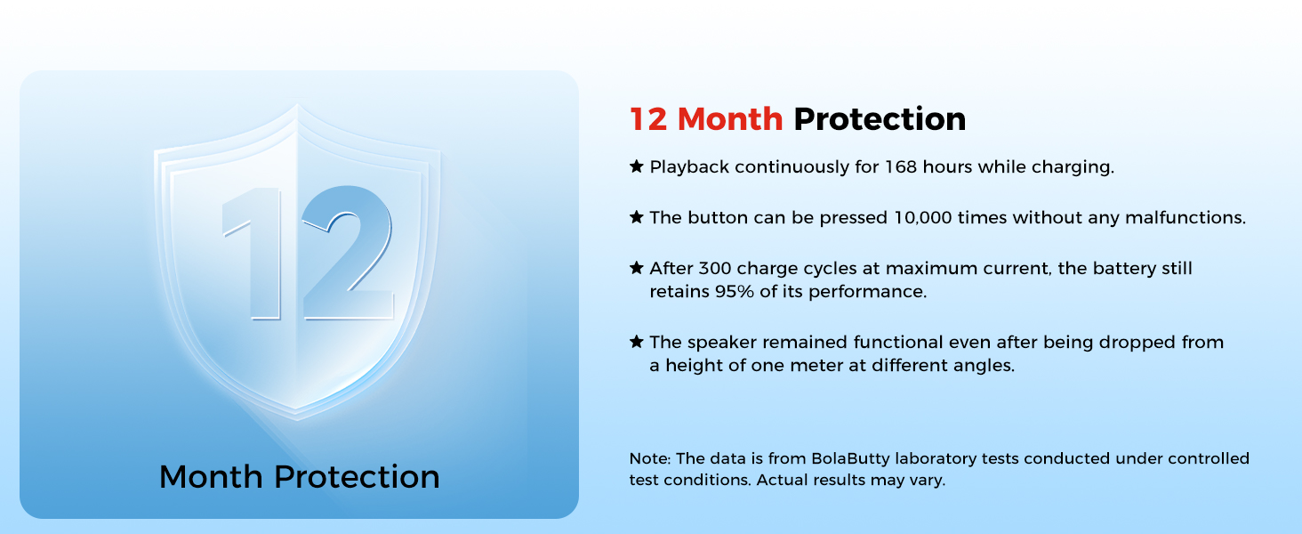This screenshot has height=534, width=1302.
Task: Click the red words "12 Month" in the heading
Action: click(706, 119)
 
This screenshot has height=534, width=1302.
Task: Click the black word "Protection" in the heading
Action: click(880, 119)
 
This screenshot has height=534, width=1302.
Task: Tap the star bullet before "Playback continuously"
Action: click(637, 166)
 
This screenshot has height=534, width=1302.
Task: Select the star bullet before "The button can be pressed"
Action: click(637, 217)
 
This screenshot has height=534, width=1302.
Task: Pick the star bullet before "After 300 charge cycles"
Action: click(637, 268)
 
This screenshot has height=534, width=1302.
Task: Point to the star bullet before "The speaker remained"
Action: click(637, 342)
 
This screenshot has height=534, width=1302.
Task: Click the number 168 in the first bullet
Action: click(900, 167)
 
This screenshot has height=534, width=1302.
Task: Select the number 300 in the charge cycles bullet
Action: click(714, 268)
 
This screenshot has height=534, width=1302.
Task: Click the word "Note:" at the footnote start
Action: click(650, 458)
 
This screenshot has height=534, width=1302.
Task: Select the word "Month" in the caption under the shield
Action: click(211, 477)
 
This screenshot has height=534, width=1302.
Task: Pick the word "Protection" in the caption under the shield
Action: click(357, 477)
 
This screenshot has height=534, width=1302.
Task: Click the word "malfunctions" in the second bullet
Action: click(1185, 217)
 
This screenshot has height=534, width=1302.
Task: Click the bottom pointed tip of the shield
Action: click(297, 419)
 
